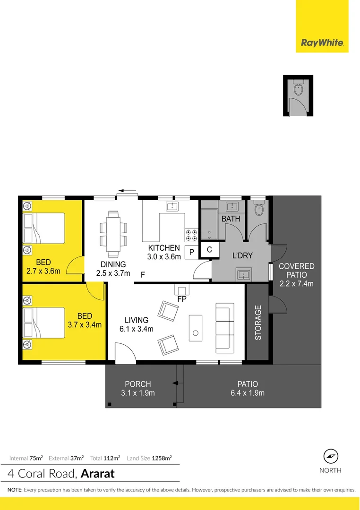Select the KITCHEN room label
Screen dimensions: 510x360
pos(164,248)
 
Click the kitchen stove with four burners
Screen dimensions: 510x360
pos(191,235)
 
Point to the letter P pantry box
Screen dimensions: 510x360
pos(192,252)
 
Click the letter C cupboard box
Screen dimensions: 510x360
pos(209,250)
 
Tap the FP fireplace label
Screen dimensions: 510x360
pos(181,299)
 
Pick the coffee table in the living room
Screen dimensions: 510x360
pos(195,327)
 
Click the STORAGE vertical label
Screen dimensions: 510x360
pos(258,323)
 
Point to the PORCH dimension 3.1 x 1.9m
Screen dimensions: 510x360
pos(139,393)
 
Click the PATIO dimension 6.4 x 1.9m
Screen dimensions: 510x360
pos(248,393)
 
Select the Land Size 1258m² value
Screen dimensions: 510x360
pos(162,458)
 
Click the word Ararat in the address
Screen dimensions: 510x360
pos(98,473)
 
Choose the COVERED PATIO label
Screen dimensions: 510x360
pos(296,271)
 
